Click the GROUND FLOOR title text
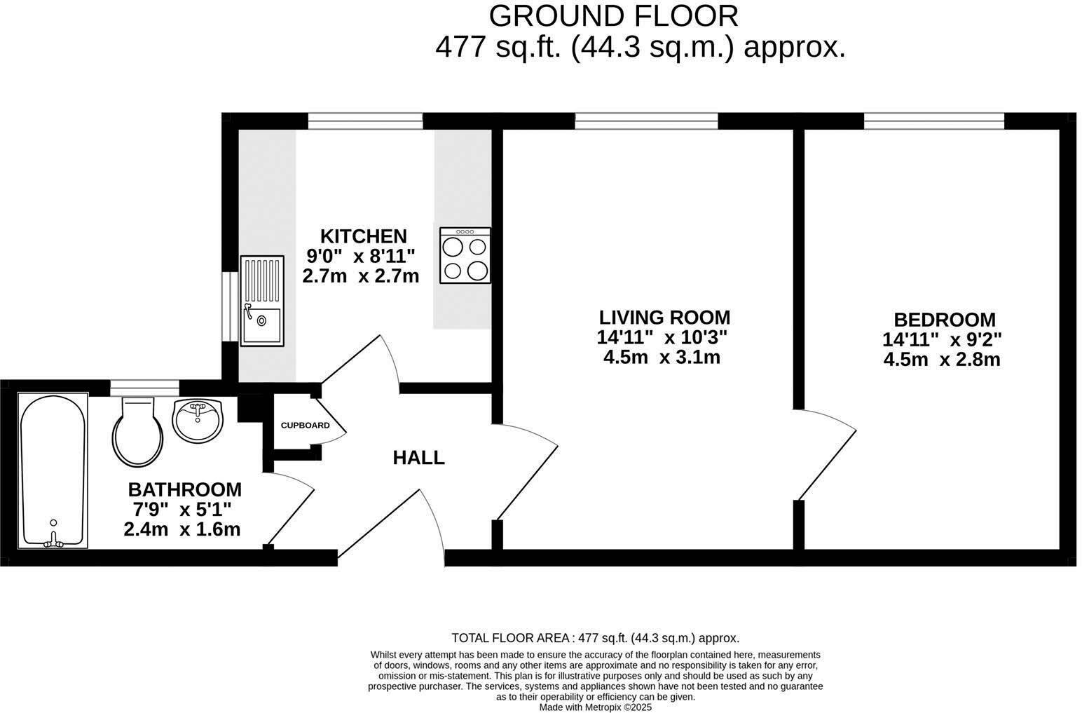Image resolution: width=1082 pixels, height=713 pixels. (613, 15)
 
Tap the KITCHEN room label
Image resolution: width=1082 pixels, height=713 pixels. (363, 236)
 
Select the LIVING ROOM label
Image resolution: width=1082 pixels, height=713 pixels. (664, 318)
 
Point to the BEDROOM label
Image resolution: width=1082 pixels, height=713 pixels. (944, 320)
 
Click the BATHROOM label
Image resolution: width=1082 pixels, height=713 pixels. (184, 489)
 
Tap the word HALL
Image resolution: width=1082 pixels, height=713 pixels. (418, 458)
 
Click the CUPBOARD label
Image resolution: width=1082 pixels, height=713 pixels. (305, 426)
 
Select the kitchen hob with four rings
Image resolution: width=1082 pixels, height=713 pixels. (465, 256)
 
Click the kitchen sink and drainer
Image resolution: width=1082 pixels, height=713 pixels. (262, 301)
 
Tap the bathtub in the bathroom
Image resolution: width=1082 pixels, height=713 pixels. (53, 470)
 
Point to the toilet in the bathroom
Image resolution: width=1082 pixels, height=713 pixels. (138, 432)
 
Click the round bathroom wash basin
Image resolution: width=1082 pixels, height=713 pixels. (198, 421)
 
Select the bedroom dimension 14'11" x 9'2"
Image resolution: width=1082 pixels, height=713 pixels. (942, 340)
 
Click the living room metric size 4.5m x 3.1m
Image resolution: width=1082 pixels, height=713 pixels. (662, 358)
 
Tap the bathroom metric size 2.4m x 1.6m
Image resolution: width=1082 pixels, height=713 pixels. (182, 529)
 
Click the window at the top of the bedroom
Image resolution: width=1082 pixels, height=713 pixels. (933, 121)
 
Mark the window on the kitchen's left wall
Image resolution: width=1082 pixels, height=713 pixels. (230, 306)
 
